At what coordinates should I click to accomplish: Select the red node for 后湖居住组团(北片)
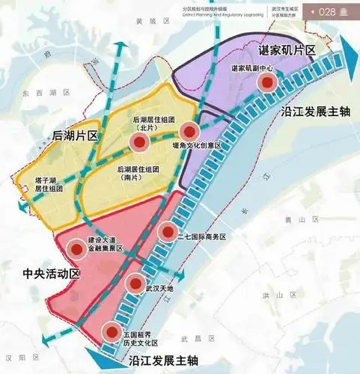click(138, 143)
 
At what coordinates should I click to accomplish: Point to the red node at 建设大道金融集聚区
click(76, 250)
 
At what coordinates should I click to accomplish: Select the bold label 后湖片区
click(55, 135)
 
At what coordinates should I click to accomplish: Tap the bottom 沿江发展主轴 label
click(162, 361)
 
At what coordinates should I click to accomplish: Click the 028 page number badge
click(330, 12)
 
